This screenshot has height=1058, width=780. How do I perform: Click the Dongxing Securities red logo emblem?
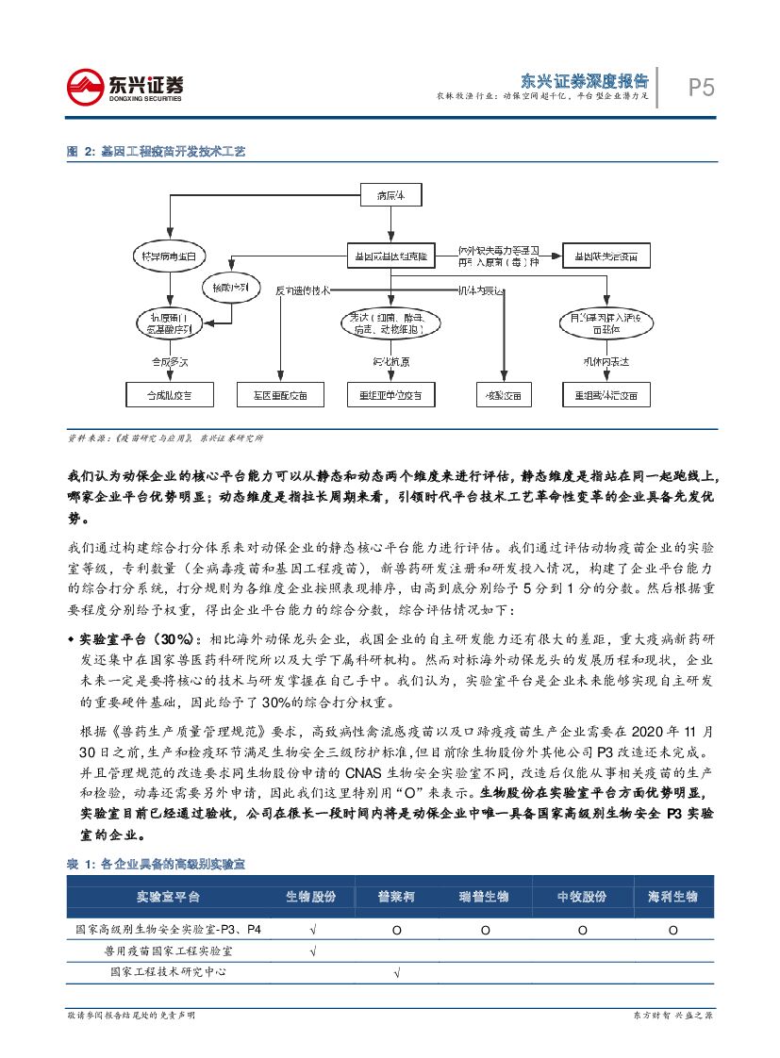coord(83,87)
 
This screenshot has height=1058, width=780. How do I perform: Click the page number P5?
coord(699,88)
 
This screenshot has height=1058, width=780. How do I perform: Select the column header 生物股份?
coord(311,895)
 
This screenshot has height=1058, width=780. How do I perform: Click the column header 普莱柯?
coord(396,895)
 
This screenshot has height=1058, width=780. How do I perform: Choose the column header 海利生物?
coord(672,895)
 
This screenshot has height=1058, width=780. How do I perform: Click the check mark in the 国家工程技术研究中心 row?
coord(396,971)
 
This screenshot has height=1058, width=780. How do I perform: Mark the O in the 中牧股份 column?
coord(582,930)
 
